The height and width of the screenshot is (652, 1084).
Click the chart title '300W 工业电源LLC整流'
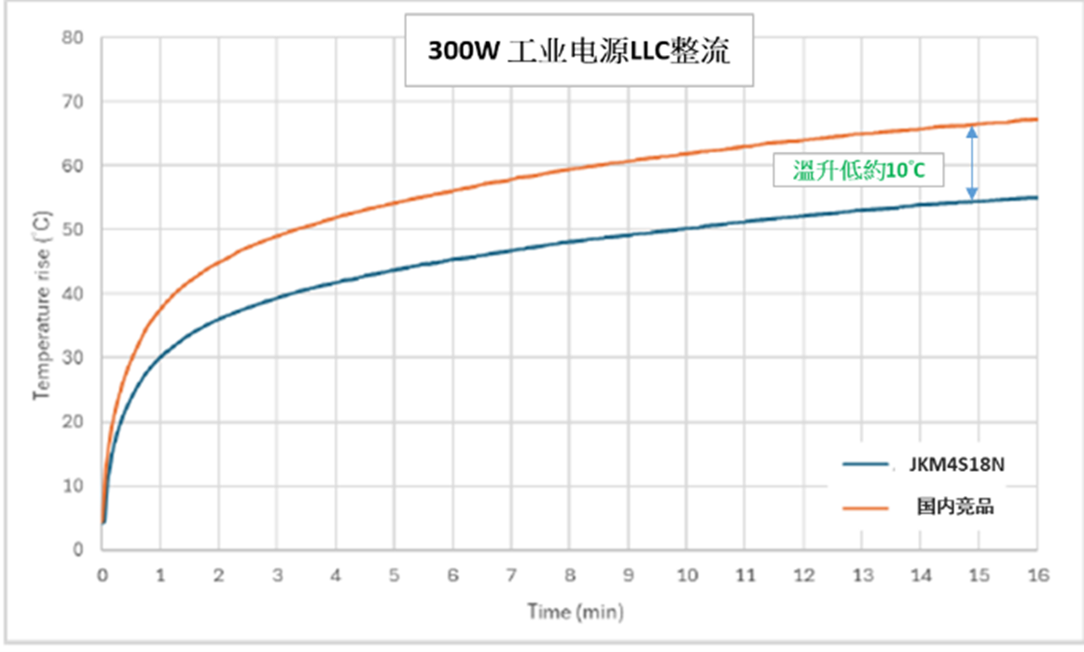(x=578, y=51)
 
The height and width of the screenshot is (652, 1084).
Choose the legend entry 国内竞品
(x=958, y=507)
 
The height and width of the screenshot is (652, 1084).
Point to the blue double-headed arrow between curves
(x=971, y=164)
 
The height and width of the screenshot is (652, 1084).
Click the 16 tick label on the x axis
(x=1036, y=576)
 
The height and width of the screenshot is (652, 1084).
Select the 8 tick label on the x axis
(x=569, y=576)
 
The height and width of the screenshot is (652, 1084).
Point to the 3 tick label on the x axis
(x=277, y=576)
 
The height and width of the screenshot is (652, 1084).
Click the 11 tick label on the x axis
(x=744, y=576)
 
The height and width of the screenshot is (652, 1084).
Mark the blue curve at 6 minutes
(x=452, y=259)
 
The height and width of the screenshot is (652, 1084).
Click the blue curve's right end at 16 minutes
(x=1035, y=197)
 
